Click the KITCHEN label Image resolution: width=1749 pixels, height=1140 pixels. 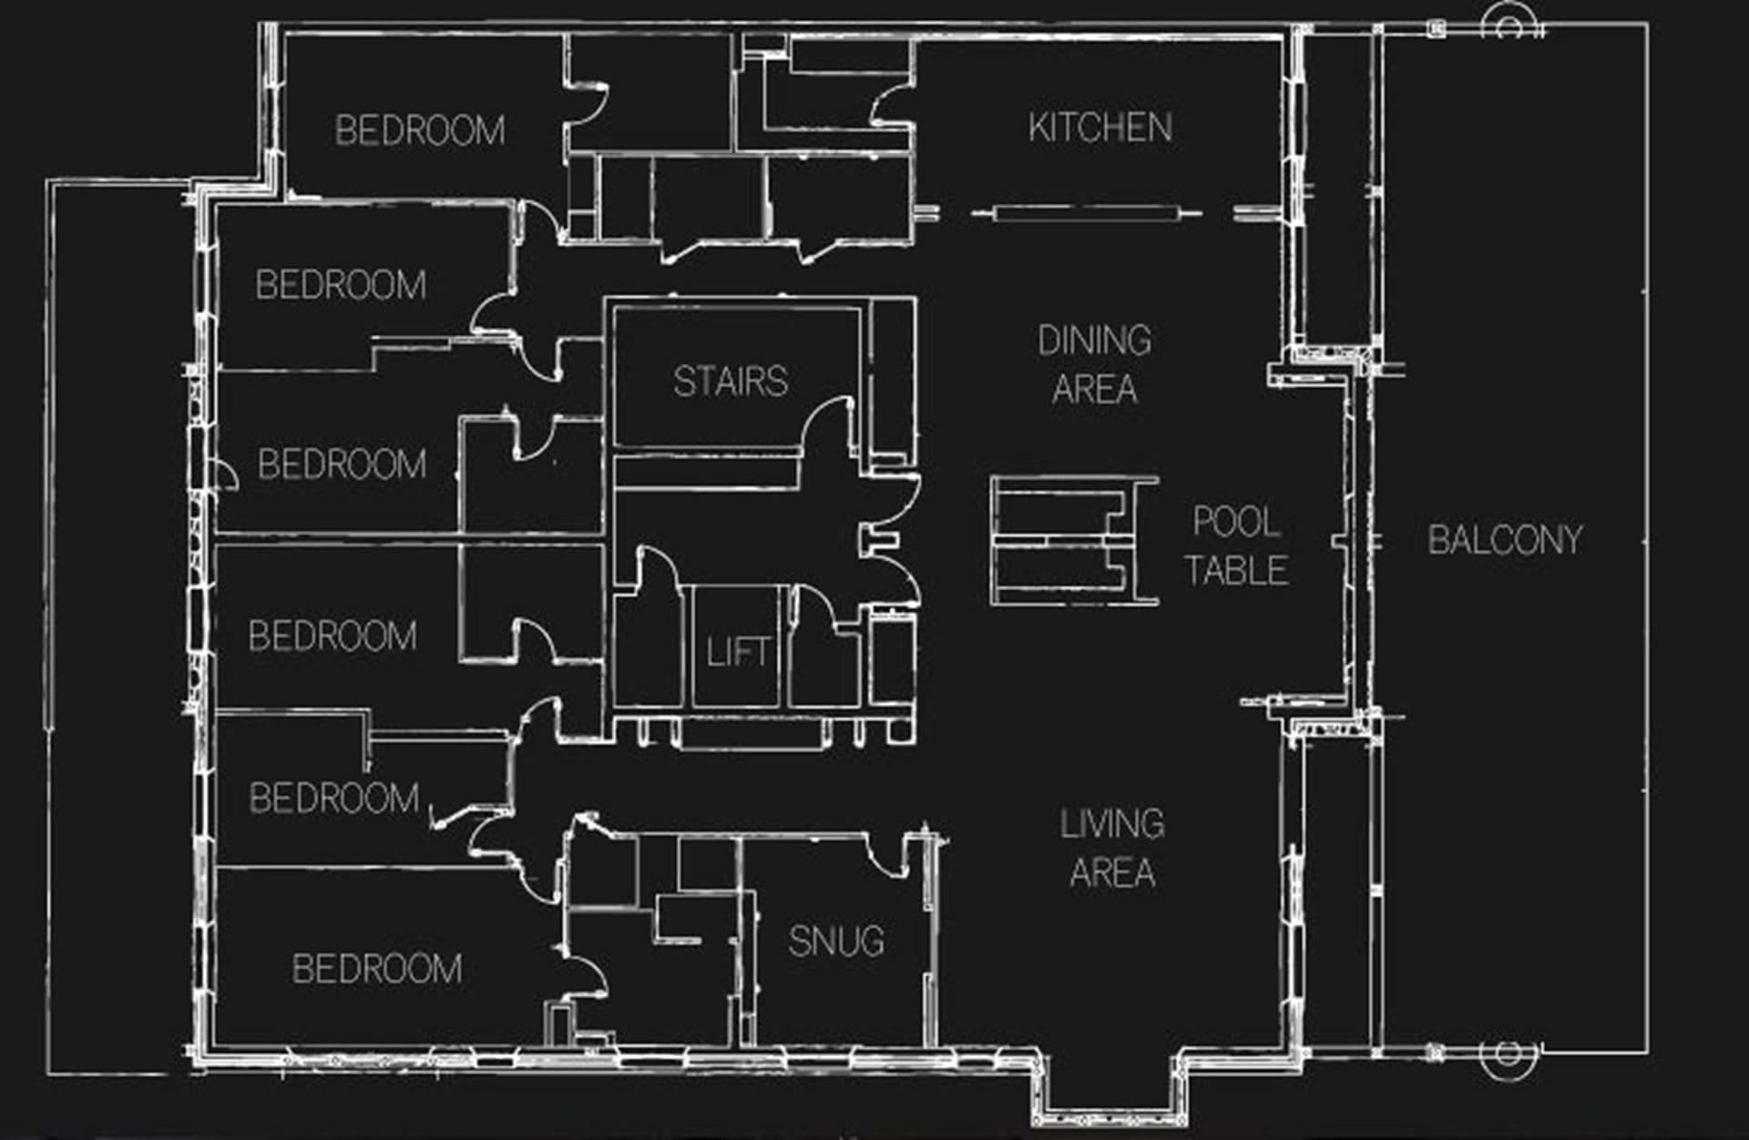click(1100, 127)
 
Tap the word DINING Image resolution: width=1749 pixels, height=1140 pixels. click(1094, 341)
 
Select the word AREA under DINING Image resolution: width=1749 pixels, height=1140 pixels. click(1095, 389)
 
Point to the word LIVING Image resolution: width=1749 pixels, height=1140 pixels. click(1111, 824)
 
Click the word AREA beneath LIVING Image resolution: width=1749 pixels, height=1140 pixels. click(1112, 872)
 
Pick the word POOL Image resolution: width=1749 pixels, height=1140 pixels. click(1236, 522)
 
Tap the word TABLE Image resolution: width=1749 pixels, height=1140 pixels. click(1236, 570)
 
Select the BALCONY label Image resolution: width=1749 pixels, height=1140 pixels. click(1505, 540)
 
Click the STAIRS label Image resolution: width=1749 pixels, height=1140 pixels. click(731, 382)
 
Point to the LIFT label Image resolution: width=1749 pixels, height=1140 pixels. click(738, 651)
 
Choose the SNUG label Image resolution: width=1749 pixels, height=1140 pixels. click(836, 942)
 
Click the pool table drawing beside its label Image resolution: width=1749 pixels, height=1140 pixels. click(1075, 540)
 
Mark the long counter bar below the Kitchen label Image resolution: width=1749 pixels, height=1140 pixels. click(1087, 215)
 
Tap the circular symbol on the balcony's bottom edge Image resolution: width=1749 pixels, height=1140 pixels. click(1508, 1054)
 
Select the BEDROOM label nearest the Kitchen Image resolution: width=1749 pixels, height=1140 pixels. click(420, 130)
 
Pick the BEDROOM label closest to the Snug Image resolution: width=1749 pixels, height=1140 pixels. click(377, 969)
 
